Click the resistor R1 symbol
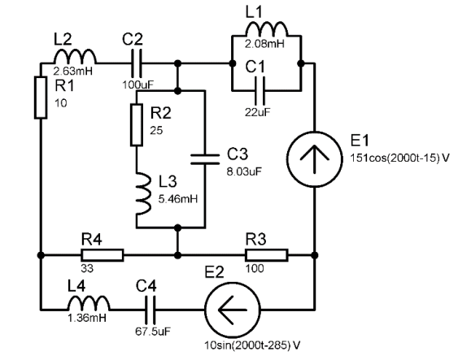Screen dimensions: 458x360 coord(41,98)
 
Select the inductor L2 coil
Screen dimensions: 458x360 coord(75,56)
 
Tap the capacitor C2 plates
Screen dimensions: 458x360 coord(137,63)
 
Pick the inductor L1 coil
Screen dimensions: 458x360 coord(267,28)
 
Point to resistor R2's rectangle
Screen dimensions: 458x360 coord(137,124)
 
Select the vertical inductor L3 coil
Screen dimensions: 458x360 coord(144,194)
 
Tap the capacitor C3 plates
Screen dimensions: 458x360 coord(205,159)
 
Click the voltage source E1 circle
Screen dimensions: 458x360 coord(314,159)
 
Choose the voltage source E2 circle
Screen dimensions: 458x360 coord(233,310)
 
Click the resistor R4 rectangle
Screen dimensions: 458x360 coord(103,255)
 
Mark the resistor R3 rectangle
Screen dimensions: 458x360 coord(267,255)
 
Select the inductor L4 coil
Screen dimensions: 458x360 coord(89,303)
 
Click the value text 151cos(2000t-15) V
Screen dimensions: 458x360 coord(399,158)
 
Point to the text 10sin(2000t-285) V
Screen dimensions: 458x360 coord(252,345)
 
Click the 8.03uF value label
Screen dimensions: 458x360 coord(244,171)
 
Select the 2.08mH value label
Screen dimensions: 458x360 coord(264,44)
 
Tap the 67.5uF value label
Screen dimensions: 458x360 coord(153,332)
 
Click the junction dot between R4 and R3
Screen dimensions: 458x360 coord(177,255)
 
